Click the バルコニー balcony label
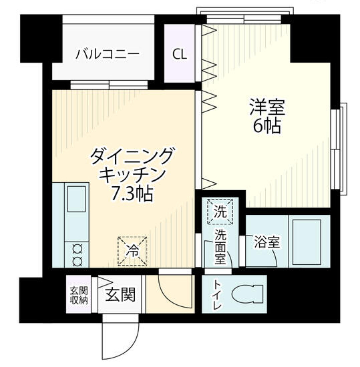point(108,53)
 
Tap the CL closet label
point(180,53)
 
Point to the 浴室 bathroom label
point(266,242)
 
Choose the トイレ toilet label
point(217,294)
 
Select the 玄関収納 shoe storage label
point(79,294)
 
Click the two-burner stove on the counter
point(75,252)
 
